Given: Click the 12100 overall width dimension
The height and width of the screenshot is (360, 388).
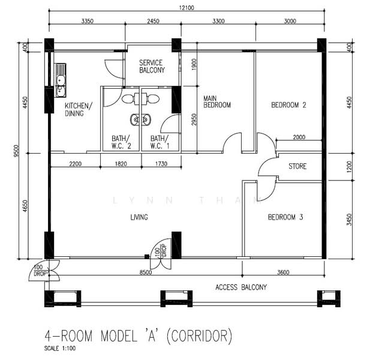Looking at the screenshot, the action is point(187,8).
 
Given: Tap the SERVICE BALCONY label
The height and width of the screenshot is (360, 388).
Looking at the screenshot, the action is point(152,67).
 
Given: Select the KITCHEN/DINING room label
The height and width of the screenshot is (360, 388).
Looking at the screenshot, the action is point(78,109).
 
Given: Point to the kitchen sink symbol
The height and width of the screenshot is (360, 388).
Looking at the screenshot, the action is point(61,80).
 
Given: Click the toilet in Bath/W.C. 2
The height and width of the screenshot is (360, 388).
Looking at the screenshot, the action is point(128,99).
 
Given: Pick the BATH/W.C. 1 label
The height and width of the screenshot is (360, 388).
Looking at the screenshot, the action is point(160,142).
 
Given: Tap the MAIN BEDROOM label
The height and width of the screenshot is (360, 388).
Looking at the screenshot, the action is point(217,102).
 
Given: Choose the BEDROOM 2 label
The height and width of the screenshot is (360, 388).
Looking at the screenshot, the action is point(288,105).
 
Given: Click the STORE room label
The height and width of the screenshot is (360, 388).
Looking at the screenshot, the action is point(297,166).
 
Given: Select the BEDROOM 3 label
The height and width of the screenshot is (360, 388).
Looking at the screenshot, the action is point(285,217).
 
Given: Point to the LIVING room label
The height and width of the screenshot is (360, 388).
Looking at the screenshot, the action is point(139,217).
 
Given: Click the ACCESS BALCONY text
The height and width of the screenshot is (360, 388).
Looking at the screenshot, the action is point(241,287).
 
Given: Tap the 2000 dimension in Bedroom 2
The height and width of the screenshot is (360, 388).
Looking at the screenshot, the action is point(299,137).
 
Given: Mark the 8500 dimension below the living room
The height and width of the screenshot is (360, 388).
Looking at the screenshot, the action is point(146,272).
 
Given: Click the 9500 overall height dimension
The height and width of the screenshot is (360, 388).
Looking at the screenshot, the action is point(16,151).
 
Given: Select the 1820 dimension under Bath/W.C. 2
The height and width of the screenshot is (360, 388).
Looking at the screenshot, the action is point(121,164).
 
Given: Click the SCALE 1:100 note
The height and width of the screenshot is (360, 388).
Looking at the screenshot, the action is point(60,349).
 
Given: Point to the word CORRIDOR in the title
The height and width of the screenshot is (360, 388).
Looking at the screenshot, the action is point(200,336).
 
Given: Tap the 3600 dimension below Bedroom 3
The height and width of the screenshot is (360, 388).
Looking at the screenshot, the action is point(283,272).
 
